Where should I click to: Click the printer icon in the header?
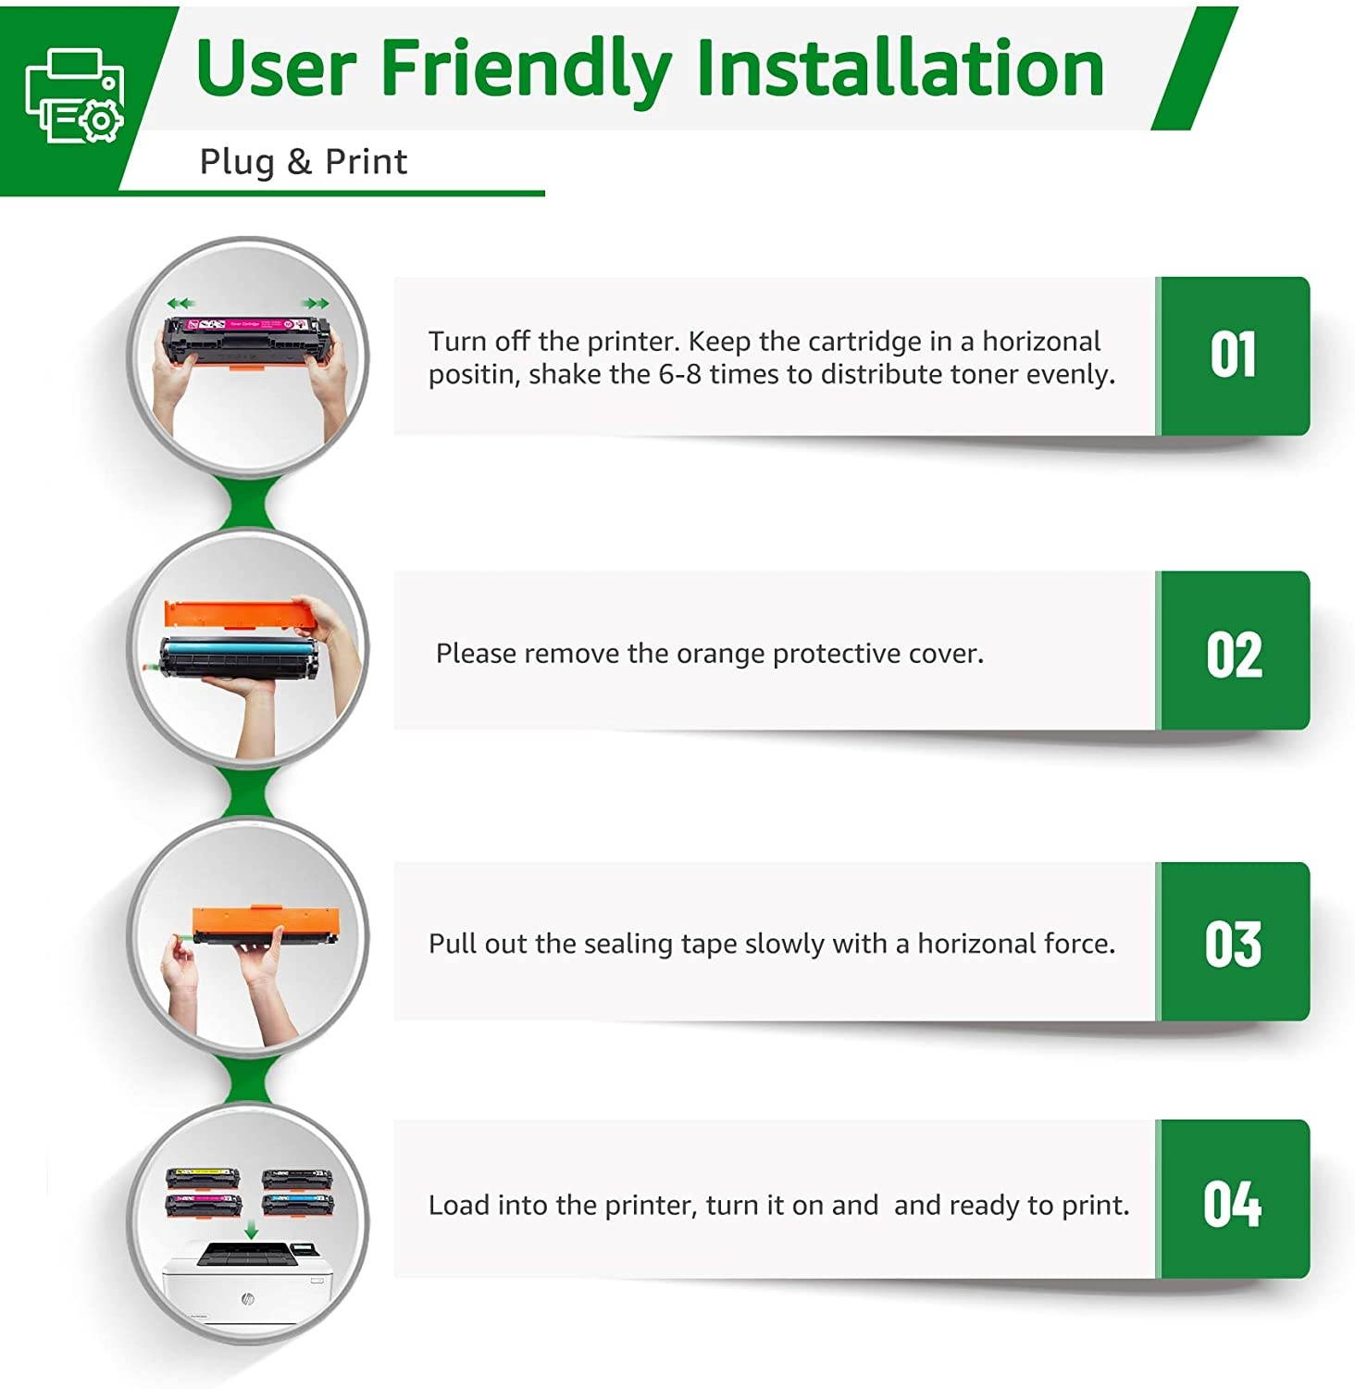[x=74, y=95]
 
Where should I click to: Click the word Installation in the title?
[x=900, y=68]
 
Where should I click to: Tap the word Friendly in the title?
[x=526, y=69]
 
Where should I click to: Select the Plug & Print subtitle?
[x=304, y=162]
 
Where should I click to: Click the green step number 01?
[x=1233, y=355]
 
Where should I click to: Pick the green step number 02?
[x=1234, y=655]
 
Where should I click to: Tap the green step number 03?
[x=1233, y=944]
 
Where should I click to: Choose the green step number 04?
[x=1233, y=1204]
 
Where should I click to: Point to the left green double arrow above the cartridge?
[x=181, y=303]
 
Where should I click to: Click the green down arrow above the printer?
[x=251, y=1230]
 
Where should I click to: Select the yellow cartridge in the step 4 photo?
[x=203, y=1179]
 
